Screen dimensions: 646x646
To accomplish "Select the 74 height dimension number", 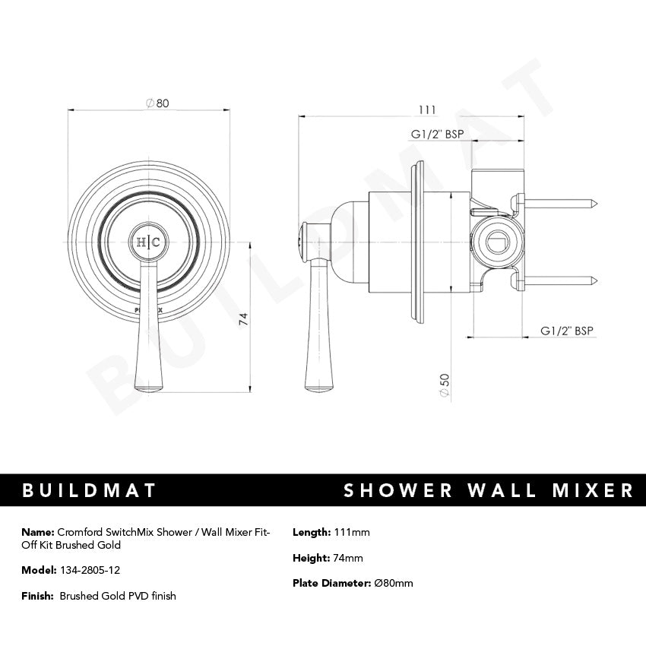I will [242, 319].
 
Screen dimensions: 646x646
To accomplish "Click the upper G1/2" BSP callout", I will [437, 135].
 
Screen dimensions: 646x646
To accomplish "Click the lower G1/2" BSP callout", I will [566, 331].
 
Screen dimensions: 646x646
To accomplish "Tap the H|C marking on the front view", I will [147, 242].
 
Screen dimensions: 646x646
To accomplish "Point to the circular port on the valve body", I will [495, 242].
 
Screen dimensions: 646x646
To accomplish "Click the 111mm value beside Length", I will [351, 532].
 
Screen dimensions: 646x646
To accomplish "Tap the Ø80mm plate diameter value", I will [394, 584].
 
